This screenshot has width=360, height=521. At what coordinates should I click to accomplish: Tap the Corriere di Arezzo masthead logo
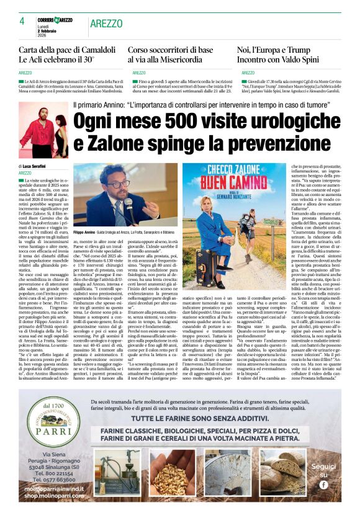[55, 20]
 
